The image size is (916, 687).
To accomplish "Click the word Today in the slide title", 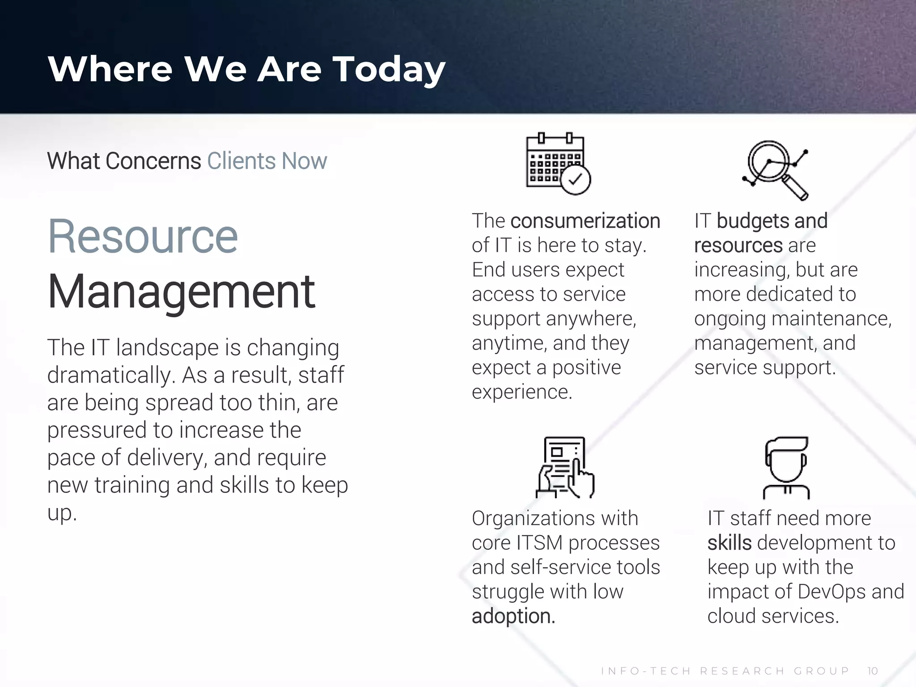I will [389, 70].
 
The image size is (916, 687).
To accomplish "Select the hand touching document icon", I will [565, 467].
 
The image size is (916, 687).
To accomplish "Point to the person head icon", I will [786, 467].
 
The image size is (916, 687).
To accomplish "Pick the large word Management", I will [181, 292].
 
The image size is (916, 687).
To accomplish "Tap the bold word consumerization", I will [585, 221].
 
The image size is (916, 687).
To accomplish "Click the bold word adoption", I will [513, 616].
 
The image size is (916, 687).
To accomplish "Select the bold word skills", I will [729, 543].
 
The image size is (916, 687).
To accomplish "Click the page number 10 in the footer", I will [873, 671].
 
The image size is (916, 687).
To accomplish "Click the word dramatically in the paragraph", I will [110, 375].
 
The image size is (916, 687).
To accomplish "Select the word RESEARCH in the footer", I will [742, 671].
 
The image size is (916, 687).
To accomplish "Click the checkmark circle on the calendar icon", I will [576, 180].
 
